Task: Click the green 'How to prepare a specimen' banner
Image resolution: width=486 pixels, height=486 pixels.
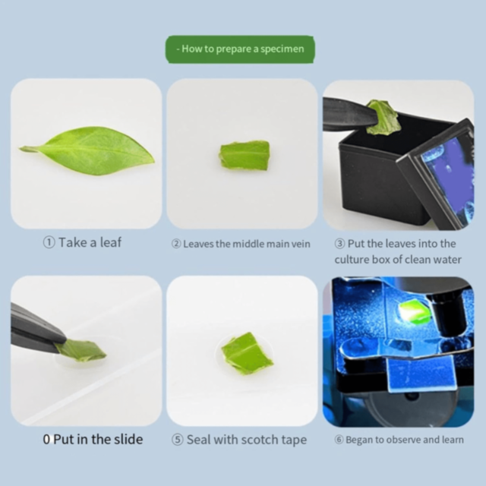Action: (240, 49)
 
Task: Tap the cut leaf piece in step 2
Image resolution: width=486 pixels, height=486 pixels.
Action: (245, 155)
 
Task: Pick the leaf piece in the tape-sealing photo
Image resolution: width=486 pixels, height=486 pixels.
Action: (246, 353)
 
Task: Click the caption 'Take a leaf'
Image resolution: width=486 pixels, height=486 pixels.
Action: (90, 243)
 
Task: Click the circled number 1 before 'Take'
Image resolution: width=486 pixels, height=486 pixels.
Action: (49, 243)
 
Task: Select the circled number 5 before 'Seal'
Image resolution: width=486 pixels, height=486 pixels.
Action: (178, 440)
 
